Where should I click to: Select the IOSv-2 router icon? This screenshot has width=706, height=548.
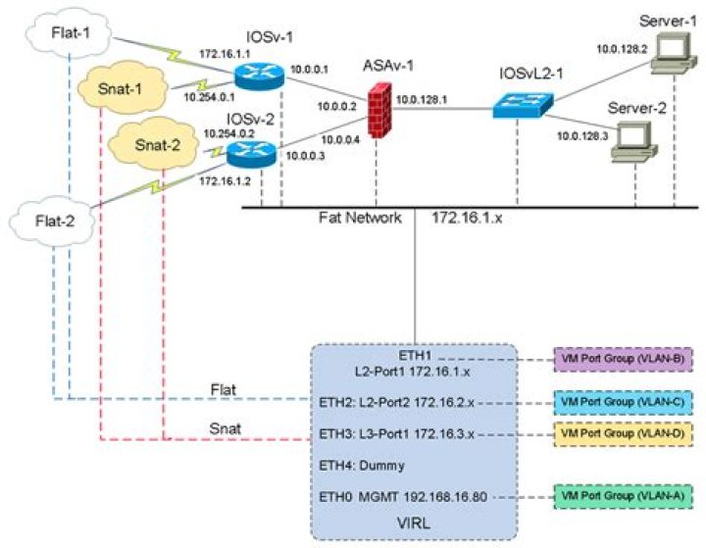[x=244, y=153]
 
